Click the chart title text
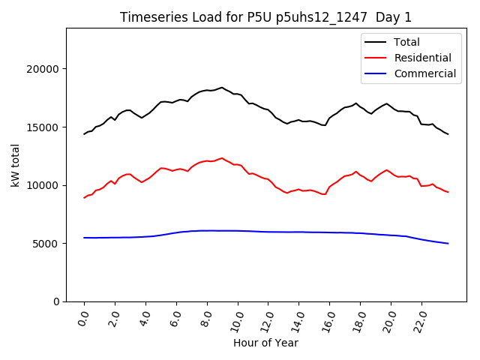point(265,17)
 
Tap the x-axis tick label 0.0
point(83,319)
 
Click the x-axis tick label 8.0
point(206,319)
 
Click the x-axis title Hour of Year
point(265,343)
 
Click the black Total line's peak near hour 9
point(222,87)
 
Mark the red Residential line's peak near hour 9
point(222,158)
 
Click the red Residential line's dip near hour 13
point(286,193)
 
